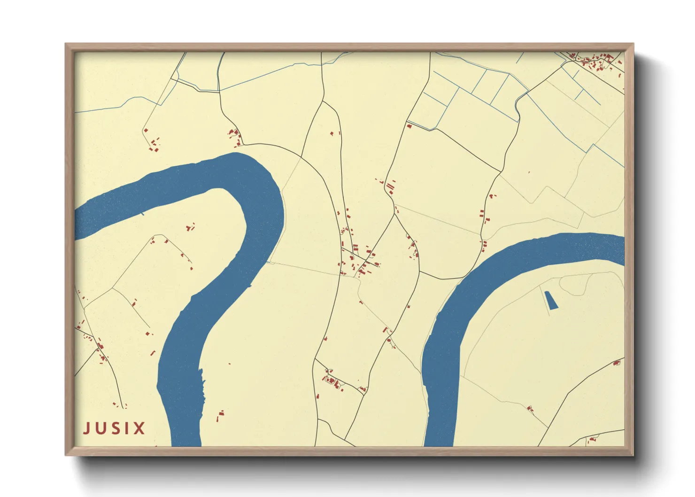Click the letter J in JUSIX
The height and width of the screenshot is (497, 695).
87,428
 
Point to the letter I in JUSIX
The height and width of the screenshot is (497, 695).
127,428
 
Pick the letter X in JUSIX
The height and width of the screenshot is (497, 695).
139,428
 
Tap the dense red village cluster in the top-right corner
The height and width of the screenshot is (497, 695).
594,61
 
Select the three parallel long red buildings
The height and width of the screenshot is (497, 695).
390,189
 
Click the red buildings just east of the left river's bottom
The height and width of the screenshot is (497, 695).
220,415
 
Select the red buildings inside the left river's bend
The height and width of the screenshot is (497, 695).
190,228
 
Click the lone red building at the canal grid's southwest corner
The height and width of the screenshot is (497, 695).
409,125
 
